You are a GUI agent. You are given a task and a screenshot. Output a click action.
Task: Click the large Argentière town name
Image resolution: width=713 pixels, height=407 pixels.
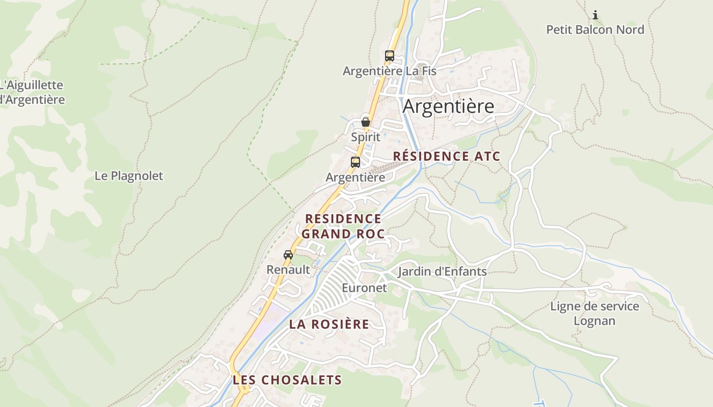click(448, 106)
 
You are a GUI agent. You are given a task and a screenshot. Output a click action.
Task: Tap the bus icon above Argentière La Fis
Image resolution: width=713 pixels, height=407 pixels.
click(390, 56)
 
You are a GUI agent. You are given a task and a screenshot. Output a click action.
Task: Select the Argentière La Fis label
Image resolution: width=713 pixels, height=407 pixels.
click(390, 71)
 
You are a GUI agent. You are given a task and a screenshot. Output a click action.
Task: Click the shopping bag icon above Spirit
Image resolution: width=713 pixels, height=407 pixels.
click(366, 122)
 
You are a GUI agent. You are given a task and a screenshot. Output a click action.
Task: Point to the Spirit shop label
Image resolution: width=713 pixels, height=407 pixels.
click(366, 137)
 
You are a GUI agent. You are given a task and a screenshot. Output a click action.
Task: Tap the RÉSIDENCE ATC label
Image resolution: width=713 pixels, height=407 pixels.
click(447, 156)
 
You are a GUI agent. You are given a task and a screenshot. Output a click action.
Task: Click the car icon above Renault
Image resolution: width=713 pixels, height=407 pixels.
click(288, 254)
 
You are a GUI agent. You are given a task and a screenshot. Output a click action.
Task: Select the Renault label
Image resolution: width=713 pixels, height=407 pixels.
click(288, 270)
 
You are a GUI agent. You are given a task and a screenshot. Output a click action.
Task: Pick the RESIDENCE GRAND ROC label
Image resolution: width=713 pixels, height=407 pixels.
click(343, 226)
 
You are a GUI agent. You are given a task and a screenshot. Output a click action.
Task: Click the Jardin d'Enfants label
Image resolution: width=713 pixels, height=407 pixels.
click(442, 271)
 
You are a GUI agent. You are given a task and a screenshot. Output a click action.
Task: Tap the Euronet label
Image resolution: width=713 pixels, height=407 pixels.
click(364, 288)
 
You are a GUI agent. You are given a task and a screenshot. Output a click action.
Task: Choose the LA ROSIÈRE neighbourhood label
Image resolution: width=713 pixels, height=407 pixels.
click(329, 324)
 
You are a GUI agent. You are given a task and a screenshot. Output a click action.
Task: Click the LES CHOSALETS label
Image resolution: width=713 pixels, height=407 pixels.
click(287, 380)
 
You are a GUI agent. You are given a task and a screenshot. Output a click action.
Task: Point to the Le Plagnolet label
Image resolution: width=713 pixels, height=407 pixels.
click(129, 176)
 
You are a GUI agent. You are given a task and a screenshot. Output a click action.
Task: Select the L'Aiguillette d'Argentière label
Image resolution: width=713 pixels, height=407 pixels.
click(32, 92)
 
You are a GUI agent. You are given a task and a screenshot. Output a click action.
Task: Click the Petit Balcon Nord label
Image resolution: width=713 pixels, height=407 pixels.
click(595, 30)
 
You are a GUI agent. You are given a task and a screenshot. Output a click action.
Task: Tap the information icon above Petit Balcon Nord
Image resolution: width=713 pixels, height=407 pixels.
click(595, 15)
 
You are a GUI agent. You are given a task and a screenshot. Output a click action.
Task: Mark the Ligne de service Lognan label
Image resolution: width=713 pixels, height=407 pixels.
click(594, 313)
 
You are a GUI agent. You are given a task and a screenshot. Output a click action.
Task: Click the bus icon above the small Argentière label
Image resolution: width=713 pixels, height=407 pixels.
click(355, 162)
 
